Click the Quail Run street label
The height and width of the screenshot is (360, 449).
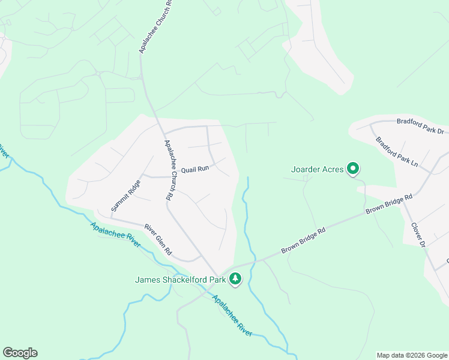(194, 169)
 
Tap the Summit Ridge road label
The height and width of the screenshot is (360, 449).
(125, 195)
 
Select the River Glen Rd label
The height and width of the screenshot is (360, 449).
(158, 239)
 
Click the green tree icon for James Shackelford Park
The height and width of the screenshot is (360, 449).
(236, 278)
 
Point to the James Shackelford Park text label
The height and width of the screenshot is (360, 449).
(180, 279)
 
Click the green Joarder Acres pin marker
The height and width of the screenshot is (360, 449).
(354, 170)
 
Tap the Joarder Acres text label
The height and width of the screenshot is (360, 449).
(318, 170)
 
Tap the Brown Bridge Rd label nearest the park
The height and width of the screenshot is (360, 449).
(303, 240)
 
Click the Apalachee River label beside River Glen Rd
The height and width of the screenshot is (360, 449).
(115, 231)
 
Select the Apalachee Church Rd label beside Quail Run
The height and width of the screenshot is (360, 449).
(169, 170)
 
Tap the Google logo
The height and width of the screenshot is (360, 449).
(20, 353)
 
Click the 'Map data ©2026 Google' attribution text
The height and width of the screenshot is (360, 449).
(412, 355)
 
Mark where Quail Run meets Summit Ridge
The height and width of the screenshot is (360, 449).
(141, 177)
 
